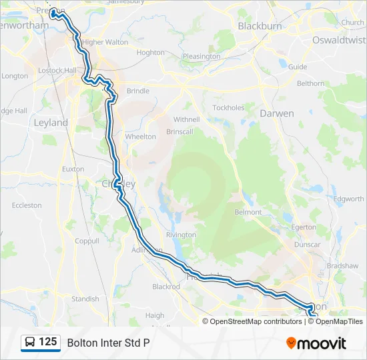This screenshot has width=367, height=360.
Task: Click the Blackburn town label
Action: (260, 26)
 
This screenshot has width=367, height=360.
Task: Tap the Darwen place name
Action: (277, 113)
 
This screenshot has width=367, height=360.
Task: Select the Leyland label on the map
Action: (51, 123)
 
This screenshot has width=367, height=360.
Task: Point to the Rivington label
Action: (181, 235)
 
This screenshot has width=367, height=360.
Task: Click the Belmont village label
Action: (248, 211)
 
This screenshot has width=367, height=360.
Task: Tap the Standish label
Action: (85, 299)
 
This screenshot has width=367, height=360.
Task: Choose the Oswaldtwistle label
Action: (339, 40)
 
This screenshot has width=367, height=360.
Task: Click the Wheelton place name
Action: (140, 137)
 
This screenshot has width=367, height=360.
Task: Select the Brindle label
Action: (138, 91)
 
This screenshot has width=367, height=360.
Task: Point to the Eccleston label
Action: (27, 206)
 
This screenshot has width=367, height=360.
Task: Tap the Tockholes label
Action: (228, 107)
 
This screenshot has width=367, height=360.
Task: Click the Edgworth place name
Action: (349, 199)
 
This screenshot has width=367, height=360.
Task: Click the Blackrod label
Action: (166, 287)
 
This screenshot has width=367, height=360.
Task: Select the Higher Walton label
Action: (105, 42)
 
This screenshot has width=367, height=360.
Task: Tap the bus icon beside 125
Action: (30, 343)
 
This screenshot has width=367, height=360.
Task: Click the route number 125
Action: (48, 342)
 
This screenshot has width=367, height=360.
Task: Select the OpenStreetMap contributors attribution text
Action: (256, 321)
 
